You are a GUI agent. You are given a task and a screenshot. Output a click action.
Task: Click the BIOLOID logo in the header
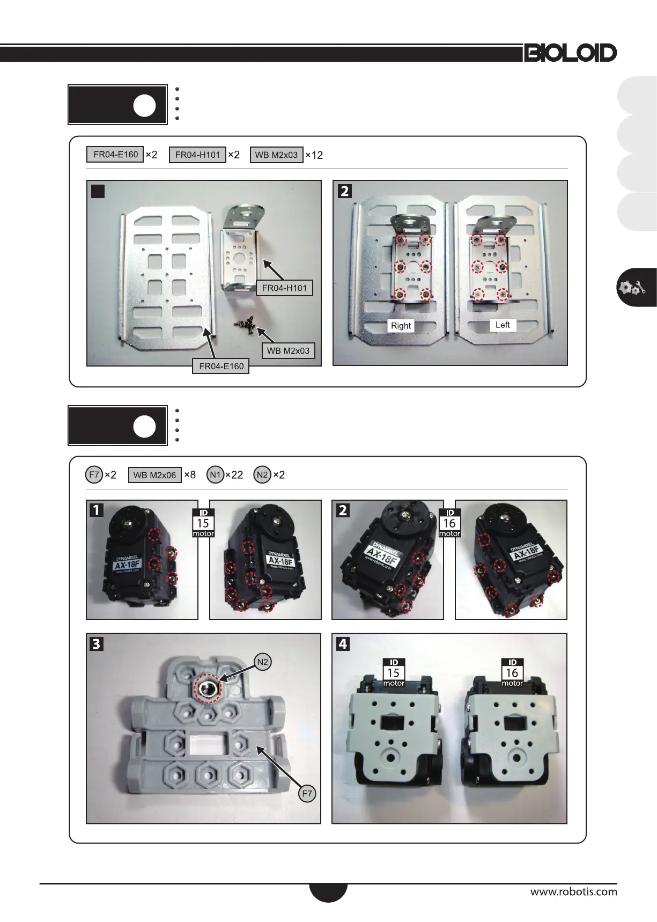coord(571,53)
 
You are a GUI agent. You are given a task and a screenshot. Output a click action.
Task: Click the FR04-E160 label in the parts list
coord(115,155)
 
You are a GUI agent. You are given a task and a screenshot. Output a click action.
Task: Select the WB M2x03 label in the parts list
coord(276,155)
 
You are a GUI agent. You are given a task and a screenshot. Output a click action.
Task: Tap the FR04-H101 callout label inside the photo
coord(284,288)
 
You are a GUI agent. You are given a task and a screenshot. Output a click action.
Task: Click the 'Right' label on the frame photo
coord(401,326)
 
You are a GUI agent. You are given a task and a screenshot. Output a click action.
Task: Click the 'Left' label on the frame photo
coord(503,325)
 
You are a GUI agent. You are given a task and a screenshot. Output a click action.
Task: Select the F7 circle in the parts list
coord(94,474)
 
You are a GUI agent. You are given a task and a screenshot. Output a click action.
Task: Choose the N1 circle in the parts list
coord(215,474)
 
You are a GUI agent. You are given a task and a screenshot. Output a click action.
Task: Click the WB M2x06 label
coord(154,475)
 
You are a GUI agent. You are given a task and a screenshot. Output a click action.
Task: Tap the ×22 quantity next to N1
coord(234,475)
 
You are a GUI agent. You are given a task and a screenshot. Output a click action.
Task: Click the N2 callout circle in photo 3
coord(262,662)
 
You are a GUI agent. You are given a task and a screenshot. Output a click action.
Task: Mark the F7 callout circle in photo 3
coord(307,793)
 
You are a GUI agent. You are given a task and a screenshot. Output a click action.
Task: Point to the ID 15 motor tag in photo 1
coord(203,523)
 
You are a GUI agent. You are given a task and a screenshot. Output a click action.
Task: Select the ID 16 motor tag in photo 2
coord(449,523)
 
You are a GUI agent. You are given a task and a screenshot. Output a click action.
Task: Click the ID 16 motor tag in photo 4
coord(512,672)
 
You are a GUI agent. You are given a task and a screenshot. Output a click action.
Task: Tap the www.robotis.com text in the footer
coord(574,892)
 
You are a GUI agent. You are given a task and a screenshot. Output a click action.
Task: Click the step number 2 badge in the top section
coord(345,191)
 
